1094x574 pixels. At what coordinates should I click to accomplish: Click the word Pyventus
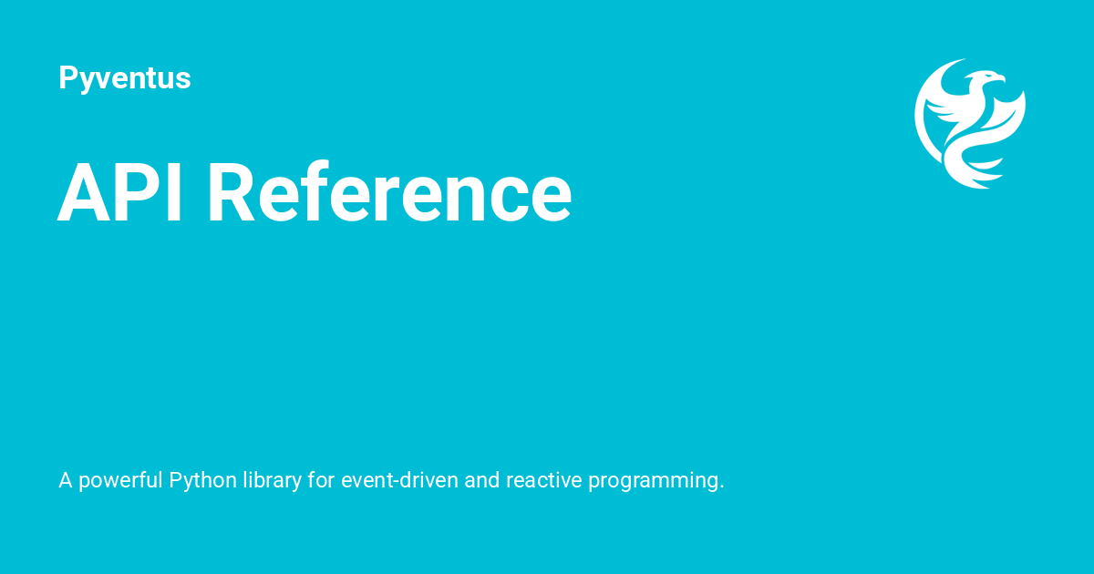point(124,78)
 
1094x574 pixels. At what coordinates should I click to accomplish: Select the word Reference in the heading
point(389,192)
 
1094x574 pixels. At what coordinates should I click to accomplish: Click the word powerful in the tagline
point(120,480)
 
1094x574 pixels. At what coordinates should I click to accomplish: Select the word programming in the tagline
point(656,480)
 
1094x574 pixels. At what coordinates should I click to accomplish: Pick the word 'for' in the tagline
point(321,480)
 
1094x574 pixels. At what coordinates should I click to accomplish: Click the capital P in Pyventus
point(67,78)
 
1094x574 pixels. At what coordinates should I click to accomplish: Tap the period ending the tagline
point(721,487)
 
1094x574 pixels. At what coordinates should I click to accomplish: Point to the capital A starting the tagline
point(66,480)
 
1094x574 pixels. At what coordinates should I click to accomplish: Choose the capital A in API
point(80,192)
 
